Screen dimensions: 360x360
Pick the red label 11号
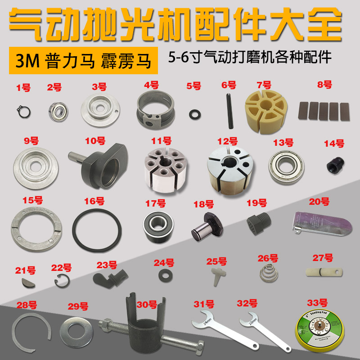pyautogui.click(x=161, y=141)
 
